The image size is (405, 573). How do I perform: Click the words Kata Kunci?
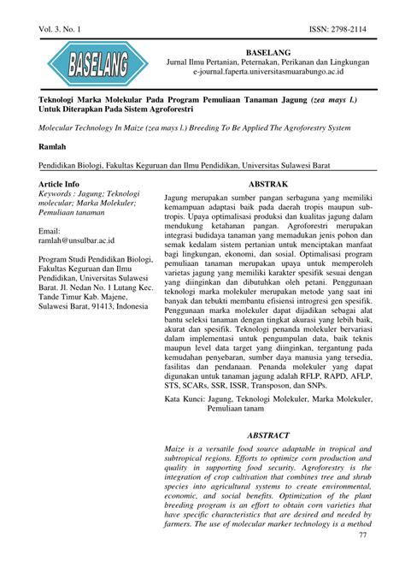click(184, 399)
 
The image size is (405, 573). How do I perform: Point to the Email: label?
click(50, 230)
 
